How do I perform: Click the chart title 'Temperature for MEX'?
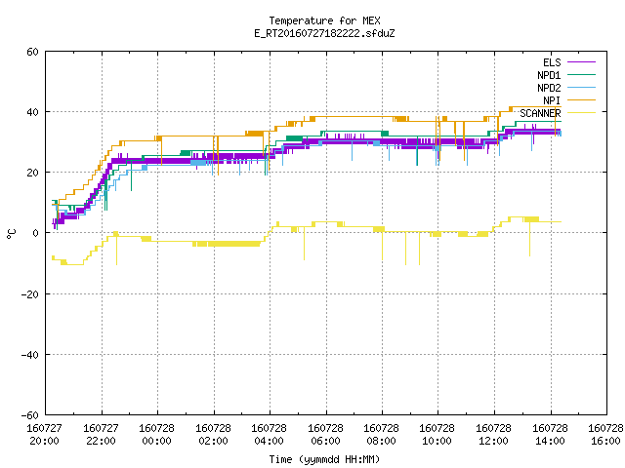324,20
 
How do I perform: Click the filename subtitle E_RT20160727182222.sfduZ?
324,33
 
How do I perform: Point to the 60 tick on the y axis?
32,52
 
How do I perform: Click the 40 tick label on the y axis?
32,112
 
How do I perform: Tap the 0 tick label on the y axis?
36,233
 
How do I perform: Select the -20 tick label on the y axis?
30,294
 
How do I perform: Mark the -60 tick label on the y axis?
30,415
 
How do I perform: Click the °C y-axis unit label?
12,234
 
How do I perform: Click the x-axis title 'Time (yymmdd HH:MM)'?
324,459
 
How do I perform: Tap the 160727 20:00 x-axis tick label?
44,435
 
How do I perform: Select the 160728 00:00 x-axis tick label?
156,435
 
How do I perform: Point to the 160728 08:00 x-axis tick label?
382,435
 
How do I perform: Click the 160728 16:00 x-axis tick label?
605,435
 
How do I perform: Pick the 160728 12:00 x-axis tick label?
494,435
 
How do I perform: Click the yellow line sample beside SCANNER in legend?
582,113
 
